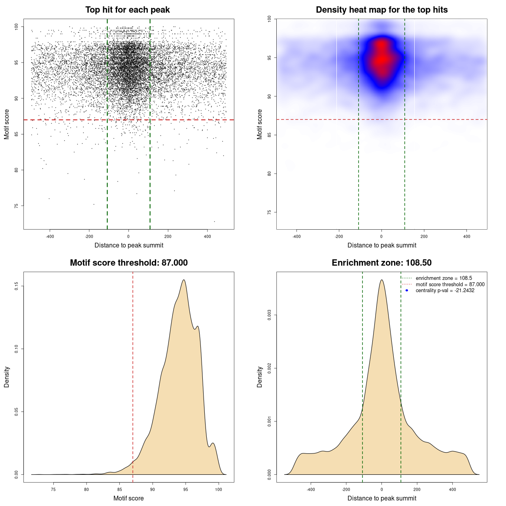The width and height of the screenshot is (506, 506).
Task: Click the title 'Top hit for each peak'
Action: click(x=127, y=10)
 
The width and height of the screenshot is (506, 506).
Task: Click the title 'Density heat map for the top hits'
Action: click(x=381, y=10)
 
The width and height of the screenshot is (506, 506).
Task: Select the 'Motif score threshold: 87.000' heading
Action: click(x=128, y=263)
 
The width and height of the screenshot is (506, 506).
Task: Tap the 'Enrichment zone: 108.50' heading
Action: click(x=381, y=263)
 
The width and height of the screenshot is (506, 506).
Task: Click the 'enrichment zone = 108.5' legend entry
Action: click(x=444, y=278)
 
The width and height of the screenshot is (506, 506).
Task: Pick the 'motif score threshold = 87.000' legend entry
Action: click(x=450, y=284)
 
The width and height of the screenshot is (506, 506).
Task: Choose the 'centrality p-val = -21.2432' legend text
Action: click(x=445, y=291)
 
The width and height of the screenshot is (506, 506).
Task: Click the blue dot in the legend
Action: click(x=407, y=291)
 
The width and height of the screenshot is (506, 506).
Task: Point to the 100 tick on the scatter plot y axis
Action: click(x=17, y=26)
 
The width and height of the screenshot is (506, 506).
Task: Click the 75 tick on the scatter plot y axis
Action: click(x=17, y=206)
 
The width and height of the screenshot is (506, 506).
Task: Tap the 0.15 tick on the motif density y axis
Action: click(x=17, y=286)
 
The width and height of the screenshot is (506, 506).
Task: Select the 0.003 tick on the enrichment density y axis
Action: click(x=270, y=315)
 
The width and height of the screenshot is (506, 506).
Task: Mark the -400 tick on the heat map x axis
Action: click(x=296, y=236)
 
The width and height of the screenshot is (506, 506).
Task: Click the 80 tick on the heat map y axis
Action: click(x=270, y=174)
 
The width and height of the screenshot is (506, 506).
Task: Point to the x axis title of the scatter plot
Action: click(x=129, y=245)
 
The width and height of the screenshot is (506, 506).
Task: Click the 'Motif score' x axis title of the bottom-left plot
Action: click(x=128, y=498)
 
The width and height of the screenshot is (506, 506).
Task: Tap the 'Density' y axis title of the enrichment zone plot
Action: click(x=260, y=377)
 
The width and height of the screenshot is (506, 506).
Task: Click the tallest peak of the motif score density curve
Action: click(x=184, y=280)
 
